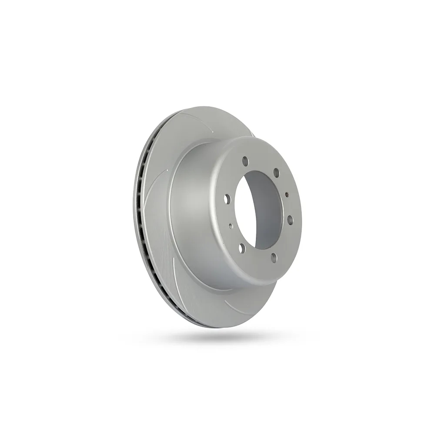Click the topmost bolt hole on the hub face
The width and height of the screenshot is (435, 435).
tap(245, 161)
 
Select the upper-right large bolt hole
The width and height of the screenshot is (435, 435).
tap(276, 174)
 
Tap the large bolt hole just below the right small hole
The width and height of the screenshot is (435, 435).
tap(290, 220)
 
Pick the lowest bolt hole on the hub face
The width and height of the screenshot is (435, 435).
tap(274, 258)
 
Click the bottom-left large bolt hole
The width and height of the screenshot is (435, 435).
tap(242, 248)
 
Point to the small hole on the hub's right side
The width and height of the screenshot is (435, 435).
tap(287, 195)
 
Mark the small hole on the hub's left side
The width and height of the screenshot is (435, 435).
tap(231, 225)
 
